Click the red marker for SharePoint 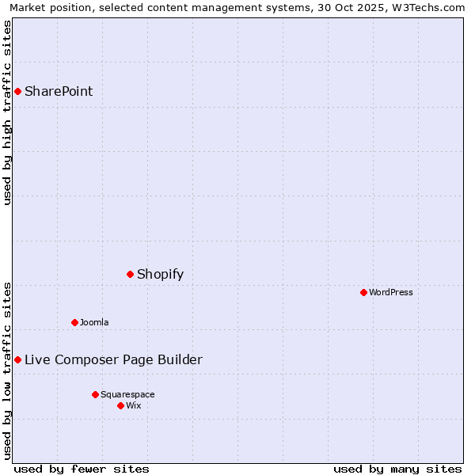pyautogui.click(x=17, y=91)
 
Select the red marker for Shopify pyautogui.click(x=130, y=274)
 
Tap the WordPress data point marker pyautogui.click(x=363, y=292)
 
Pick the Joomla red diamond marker pyautogui.click(x=74, y=322)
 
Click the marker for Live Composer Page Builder pyautogui.click(x=17, y=359)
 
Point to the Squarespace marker pyautogui.click(x=95, y=394)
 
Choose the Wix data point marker pyautogui.click(x=120, y=405)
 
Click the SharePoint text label pyautogui.click(x=59, y=91)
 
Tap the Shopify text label pyautogui.click(x=160, y=275)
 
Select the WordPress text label pyautogui.click(x=391, y=292)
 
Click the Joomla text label pyautogui.click(x=94, y=322)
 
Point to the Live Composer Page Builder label pyautogui.click(x=113, y=360)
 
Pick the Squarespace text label pyautogui.click(x=127, y=394)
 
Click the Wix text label pyautogui.click(x=134, y=405)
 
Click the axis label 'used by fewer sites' pyautogui.click(x=82, y=469)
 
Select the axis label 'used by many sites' pyautogui.click(x=397, y=469)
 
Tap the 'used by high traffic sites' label pyautogui.click(x=7, y=112)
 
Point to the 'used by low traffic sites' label pyautogui.click(x=7, y=370)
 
